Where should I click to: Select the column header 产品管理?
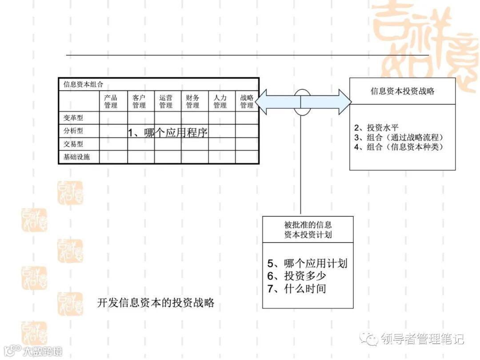111,102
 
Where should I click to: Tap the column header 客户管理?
139,102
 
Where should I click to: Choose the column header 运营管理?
166,102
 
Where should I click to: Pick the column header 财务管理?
192,102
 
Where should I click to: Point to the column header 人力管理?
220,102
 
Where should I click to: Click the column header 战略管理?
247,102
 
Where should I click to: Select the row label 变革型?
73,118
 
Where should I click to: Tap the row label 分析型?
73,131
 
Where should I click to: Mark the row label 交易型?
73,144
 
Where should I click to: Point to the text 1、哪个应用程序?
168,132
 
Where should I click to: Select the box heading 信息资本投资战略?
402,91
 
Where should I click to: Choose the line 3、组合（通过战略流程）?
399,137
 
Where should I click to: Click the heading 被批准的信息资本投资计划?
308,230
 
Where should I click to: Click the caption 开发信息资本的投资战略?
156,303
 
